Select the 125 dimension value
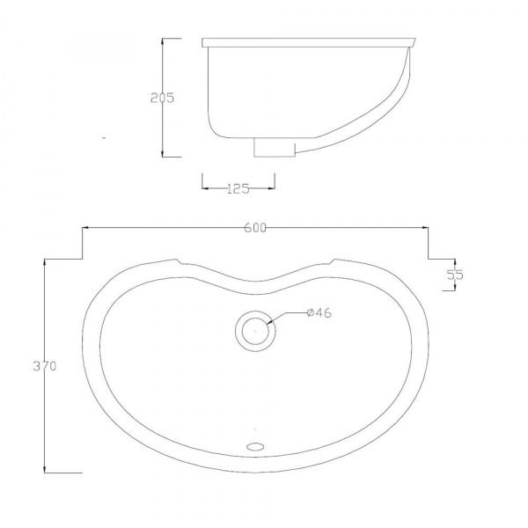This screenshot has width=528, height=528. [238, 187]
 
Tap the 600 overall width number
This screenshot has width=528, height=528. [255, 228]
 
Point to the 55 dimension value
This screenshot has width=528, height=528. [455, 274]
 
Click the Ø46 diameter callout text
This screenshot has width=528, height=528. [318, 312]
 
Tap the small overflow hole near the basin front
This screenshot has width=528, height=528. [255, 446]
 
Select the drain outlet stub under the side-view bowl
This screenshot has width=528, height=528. [273, 147]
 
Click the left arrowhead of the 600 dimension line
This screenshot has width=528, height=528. [84, 228]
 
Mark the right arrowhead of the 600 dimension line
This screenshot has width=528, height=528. [426, 228]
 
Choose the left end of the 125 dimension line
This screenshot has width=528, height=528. [203, 187]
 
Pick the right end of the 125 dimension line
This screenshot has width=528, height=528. [275, 187]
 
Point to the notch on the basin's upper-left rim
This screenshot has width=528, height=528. [179, 261]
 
